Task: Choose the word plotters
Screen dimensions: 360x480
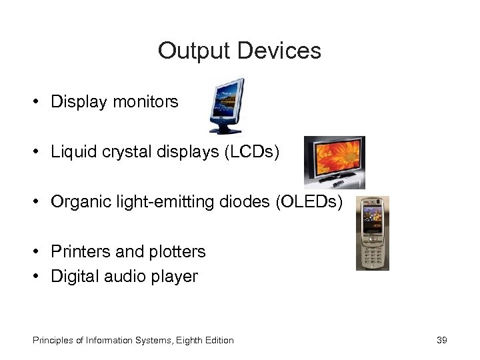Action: (175, 251)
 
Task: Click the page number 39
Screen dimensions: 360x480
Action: (441, 340)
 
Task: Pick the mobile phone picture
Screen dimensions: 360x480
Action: (373, 233)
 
